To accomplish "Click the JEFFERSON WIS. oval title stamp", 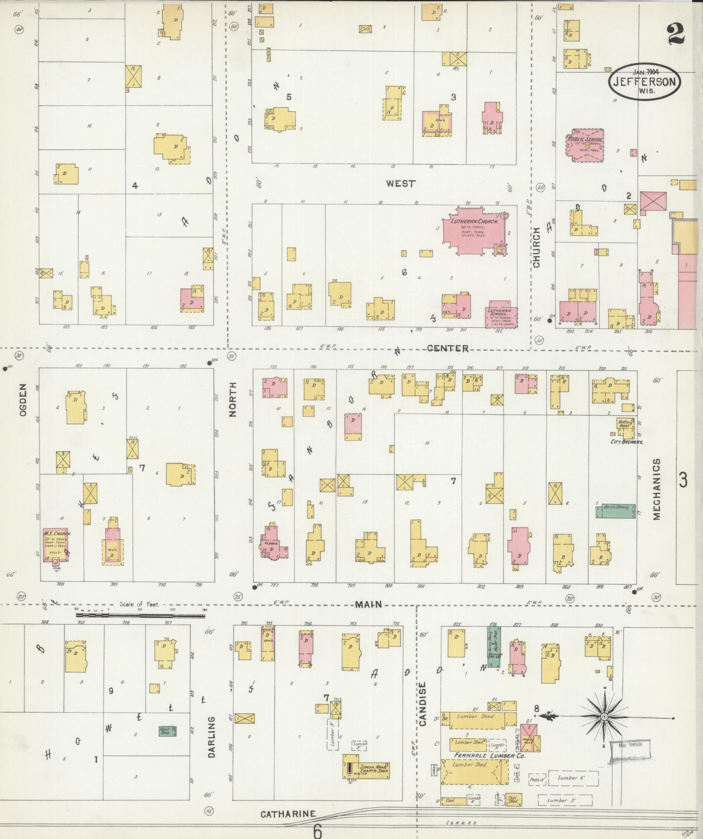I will coord(644,81).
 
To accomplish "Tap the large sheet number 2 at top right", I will coord(675,34).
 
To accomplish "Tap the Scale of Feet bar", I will coord(141,615).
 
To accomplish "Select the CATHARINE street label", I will coord(288,814).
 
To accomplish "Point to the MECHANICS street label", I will coord(656,489).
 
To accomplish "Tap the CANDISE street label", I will coord(422,710).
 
